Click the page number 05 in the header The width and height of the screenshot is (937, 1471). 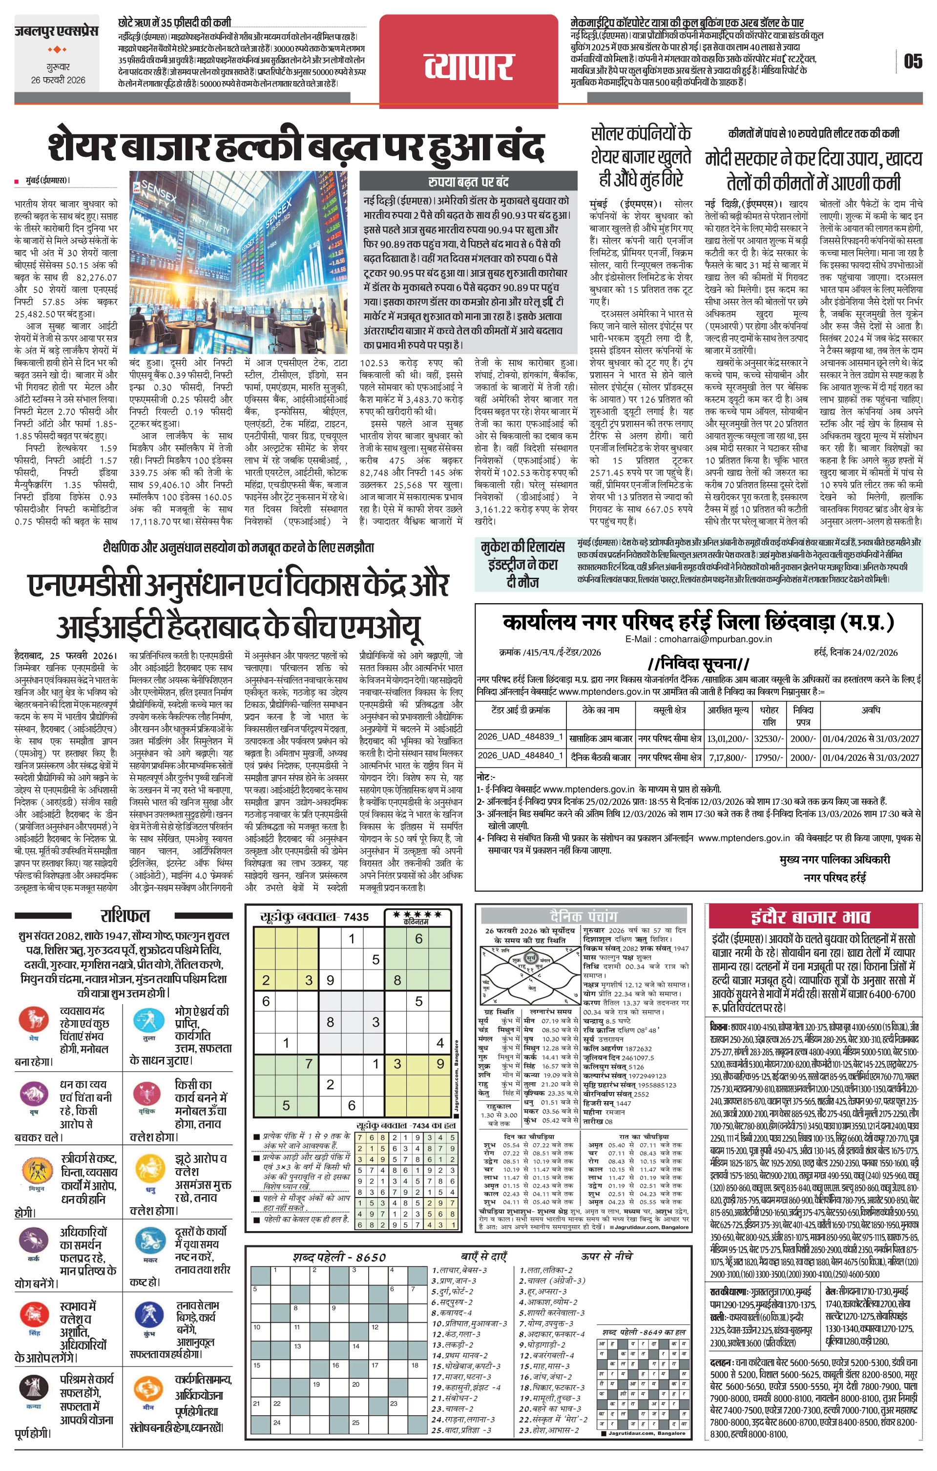coord(913,62)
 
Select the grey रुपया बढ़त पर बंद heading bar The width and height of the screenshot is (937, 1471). coord(468,181)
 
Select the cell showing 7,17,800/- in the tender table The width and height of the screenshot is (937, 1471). coord(728,757)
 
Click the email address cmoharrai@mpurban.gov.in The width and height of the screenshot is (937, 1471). coord(698,639)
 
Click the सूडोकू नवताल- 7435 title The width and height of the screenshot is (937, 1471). coord(314,917)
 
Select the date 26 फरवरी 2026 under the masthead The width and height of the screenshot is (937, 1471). coord(58,80)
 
